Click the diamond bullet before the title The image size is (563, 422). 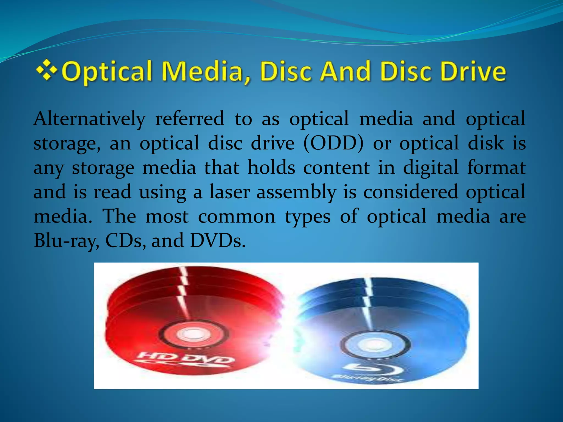click(x=47, y=71)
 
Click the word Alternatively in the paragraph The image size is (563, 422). click(x=89, y=119)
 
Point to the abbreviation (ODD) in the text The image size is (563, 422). click(x=333, y=143)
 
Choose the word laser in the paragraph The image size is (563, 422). click(x=230, y=192)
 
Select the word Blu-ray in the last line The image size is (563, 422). click(x=66, y=241)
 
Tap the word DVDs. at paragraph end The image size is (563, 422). click(x=217, y=241)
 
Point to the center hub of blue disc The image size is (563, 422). click(x=375, y=344)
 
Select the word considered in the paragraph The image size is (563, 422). click(x=411, y=192)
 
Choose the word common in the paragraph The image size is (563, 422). click(x=236, y=216)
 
